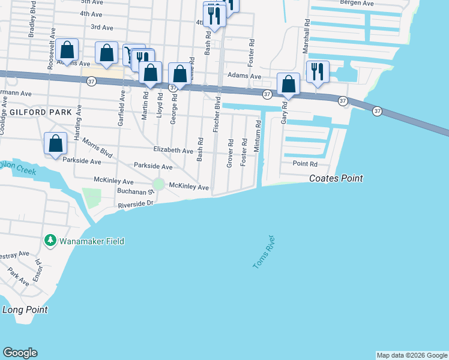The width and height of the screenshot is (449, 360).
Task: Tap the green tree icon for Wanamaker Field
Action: click(50, 241)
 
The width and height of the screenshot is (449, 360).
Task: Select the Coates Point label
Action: click(336, 178)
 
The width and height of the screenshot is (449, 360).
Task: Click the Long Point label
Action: click(25, 310)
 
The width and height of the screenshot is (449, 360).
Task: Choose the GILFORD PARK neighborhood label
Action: click(40, 112)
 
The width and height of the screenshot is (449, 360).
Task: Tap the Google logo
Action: click(20, 353)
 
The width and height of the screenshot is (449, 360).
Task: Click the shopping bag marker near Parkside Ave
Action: click(56, 144)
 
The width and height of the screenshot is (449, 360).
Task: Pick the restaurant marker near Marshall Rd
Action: click(318, 71)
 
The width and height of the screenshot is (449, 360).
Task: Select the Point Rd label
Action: click(304, 164)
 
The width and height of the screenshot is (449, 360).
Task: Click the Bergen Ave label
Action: click(357, 3)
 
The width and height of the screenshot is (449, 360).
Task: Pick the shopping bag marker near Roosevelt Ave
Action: click(68, 50)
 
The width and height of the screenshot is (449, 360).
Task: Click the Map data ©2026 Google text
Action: click(412, 355)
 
